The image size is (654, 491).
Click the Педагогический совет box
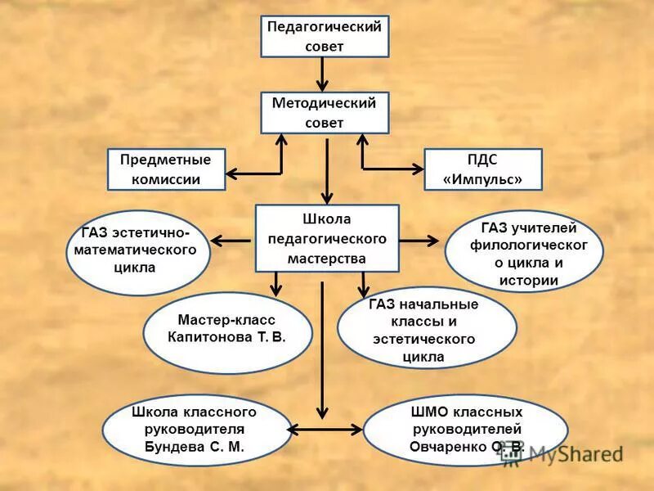(325, 36)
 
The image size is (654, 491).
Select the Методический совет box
(325, 112)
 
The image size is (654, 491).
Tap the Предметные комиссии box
(166, 169)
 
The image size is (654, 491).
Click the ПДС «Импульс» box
(482, 169)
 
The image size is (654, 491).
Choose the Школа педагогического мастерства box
(327, 238)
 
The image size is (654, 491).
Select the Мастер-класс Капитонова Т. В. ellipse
(226, 328)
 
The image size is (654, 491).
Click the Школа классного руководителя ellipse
(196, 430)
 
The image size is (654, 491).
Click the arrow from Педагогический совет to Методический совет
(324, 74)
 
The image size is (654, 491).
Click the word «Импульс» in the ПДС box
(482, 179)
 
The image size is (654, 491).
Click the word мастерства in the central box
(327, 258)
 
